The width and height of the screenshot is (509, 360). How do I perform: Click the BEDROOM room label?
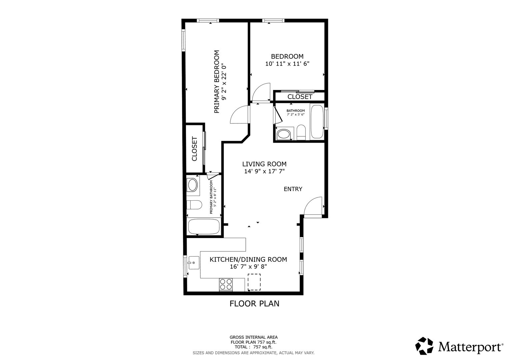(x=287, y=56)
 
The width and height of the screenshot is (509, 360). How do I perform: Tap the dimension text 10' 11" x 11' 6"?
(x=287, y=64)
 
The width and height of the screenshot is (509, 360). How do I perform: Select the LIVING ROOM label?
(x=264, y=164)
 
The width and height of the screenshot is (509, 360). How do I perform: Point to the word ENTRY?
(x=293, y=189)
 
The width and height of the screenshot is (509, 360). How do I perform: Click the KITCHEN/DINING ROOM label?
(x=248, y=259)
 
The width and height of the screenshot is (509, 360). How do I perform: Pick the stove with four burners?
(x=226, y=285)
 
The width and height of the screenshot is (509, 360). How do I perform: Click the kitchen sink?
(x=194, y=263)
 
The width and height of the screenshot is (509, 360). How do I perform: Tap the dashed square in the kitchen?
(x=254, y=282)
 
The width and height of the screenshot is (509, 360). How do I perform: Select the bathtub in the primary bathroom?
(x=204, y=227)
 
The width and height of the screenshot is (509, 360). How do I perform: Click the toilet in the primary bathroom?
(x=194, y=205)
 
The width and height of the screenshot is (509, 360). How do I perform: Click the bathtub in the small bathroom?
(x=317, y=121)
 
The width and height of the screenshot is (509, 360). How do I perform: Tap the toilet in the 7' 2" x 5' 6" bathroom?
(x=301, y=132)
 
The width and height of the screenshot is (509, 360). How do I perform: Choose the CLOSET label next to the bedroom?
(x=300, y=97)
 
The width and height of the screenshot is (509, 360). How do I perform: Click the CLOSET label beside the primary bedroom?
(x=194, y=149)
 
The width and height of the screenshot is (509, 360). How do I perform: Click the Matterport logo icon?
(x=424, y=346)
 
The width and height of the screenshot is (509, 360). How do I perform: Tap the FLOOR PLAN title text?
(x=254, y=304)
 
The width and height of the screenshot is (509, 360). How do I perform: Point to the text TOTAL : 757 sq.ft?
(x=254, y=347)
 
